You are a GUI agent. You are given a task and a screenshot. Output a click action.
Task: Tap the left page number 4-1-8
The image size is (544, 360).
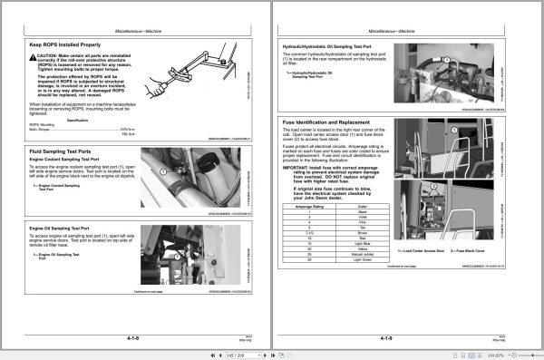click(137, 336)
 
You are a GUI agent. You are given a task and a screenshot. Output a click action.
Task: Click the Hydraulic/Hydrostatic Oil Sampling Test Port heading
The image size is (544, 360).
click(335, 44)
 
